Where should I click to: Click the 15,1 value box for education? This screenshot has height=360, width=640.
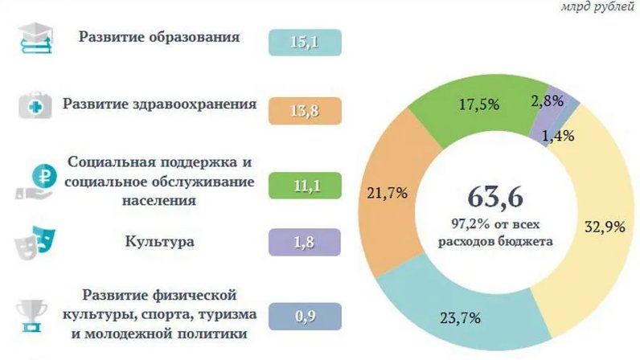point(306,42)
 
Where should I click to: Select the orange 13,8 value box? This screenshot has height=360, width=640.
point(306,110)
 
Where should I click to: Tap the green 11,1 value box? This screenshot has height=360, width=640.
point(306,186)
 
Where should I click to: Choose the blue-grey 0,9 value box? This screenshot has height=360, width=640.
point(306,316)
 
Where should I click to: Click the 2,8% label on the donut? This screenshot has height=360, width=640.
point(548,102)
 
